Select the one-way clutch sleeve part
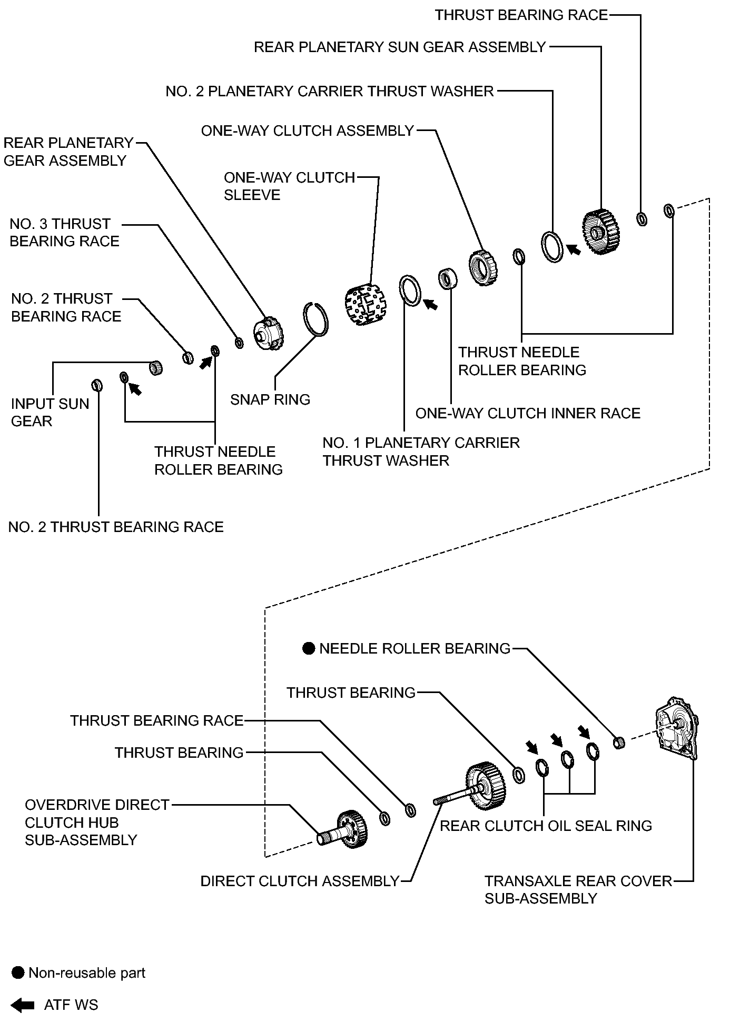pyautogui.click(x=363, y=304)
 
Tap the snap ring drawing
pyautogui.click(x=317, y=318)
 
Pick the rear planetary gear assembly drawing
pyautogui.click(x=269, y=334)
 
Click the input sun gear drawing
pyautogui.click(x=155, y=367)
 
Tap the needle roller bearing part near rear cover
pyautogui.click(x=619, y=743)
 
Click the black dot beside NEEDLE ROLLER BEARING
pyautogui.click(x=309, y=648)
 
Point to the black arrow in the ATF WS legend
pyautogui.click(x=23, y=1005)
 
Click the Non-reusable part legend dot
pyautogui.click(x=18, y=973)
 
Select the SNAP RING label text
pyautogui.click(x=270, y=399)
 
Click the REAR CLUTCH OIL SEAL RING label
pyautogui.click(x=546, y=826)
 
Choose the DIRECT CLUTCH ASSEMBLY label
pyautogui.click(x=300, y=881)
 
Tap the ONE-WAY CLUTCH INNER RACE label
pyautogui.click(x=528, y=413)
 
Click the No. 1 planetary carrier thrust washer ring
pyautogui.click(x=410, y=289)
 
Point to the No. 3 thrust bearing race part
pyautogui.click(x=239, y=343)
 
